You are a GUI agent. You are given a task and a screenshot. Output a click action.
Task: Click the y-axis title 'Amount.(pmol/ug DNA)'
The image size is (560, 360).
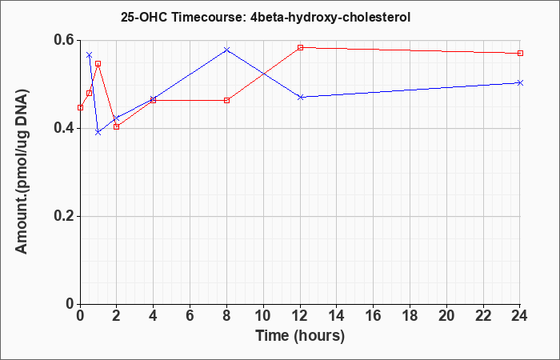pyautogui.click(x=22, y=171)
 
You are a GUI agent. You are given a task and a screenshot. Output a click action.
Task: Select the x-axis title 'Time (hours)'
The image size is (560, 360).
pyautogui.click(x=300, y=336)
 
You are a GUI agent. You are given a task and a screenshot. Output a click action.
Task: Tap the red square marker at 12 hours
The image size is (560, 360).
pyautogui.click(x=300, y=47)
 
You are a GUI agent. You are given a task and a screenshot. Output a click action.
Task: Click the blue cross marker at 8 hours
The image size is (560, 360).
pyautogui.click(x=226, y=50)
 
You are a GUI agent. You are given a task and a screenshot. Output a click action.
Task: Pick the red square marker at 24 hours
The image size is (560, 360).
pyautogui.click(x=520, y=54)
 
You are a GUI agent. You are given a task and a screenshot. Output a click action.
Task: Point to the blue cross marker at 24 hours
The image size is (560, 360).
pyautogui.click(x=520, y=83)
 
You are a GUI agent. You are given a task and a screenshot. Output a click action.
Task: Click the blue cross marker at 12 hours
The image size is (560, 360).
pyautogui.click(x=300, y=97)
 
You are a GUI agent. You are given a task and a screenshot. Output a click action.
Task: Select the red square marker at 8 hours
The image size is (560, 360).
pyautogui.click(x=226, y=100)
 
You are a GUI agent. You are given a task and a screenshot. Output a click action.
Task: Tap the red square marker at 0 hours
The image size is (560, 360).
pyautogui.click(x=80, y=107)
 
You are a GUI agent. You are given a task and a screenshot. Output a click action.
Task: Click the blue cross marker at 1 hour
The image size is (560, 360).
pyautogui.click(x=98, y=133)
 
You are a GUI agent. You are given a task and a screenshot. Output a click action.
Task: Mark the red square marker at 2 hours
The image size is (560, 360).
pyautogui.click(x=117, y=126)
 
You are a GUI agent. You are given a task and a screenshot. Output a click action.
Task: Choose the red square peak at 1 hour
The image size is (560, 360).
pyautogui.click(x=98, y=63)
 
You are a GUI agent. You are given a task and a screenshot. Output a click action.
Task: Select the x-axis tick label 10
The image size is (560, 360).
pyautogui.click(x=263, y=316)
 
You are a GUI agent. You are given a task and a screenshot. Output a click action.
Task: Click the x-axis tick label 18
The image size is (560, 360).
pyautogui.click(x=410, y=316)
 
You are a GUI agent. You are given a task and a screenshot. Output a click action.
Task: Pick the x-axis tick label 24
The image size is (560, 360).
pyautogui.click(x=519, y=316)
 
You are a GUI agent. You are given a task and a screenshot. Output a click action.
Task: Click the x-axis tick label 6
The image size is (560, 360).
pyautogui.click(x=190, y=316)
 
